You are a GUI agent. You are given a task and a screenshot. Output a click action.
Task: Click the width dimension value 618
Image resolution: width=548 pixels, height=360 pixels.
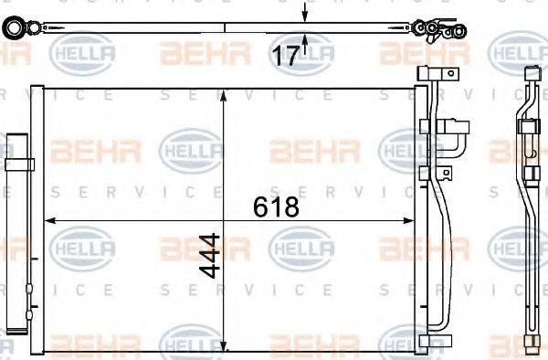click(276, 207)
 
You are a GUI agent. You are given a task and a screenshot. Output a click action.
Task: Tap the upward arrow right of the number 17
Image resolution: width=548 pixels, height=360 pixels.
click(305, 39)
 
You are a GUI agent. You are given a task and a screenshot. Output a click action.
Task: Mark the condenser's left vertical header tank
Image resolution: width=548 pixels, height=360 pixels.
click(37, 219)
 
